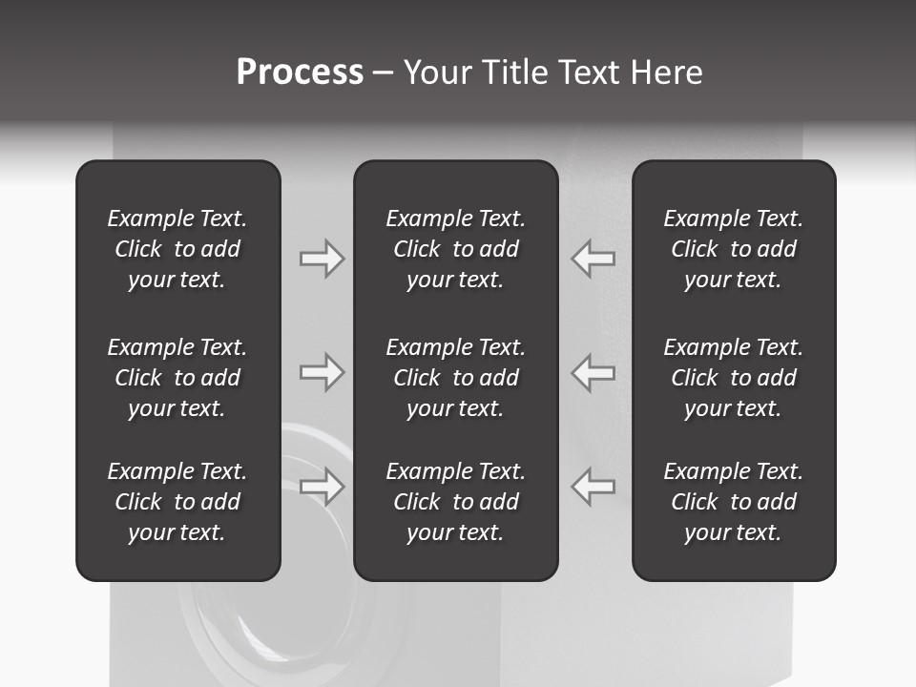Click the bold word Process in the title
point(300,73)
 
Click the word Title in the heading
point(513,73)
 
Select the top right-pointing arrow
point(322,259)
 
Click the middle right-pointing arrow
point(322,372)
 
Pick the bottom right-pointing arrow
point(322,487)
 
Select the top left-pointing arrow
point(593,259)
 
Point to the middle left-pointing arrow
point(593,372)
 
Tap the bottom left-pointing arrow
point(593,487)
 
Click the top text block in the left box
point(177,249)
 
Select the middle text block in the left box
point(177,378)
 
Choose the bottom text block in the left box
point(177,502)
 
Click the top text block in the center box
point(456,249)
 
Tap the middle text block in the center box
point(456,378)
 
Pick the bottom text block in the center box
point(456,502)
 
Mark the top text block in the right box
point(734,249)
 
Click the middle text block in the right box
point(734,378)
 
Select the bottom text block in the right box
point(734,502)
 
